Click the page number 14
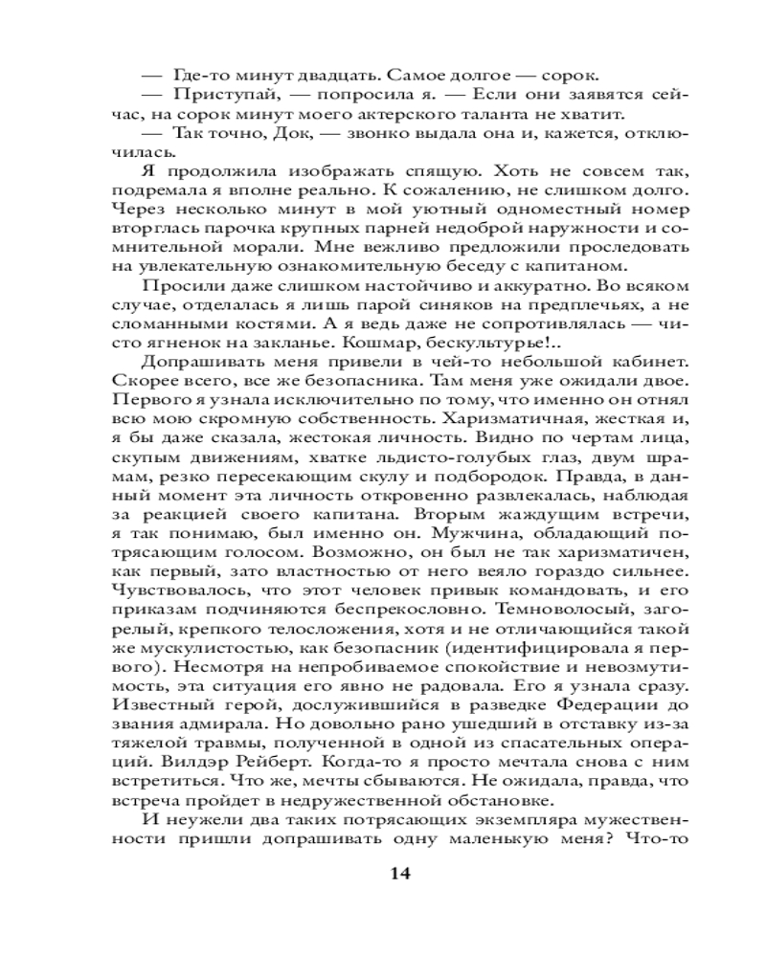point(400,873)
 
